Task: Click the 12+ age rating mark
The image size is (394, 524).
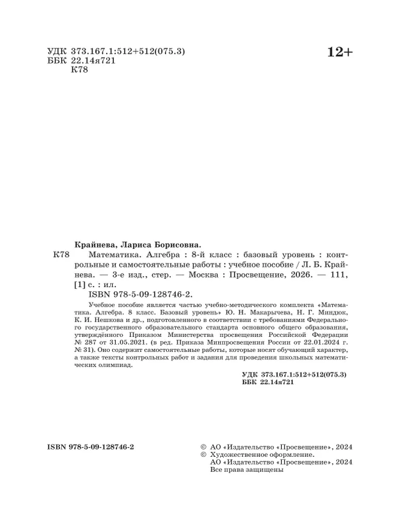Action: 339,53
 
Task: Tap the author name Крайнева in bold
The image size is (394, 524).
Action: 92,240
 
